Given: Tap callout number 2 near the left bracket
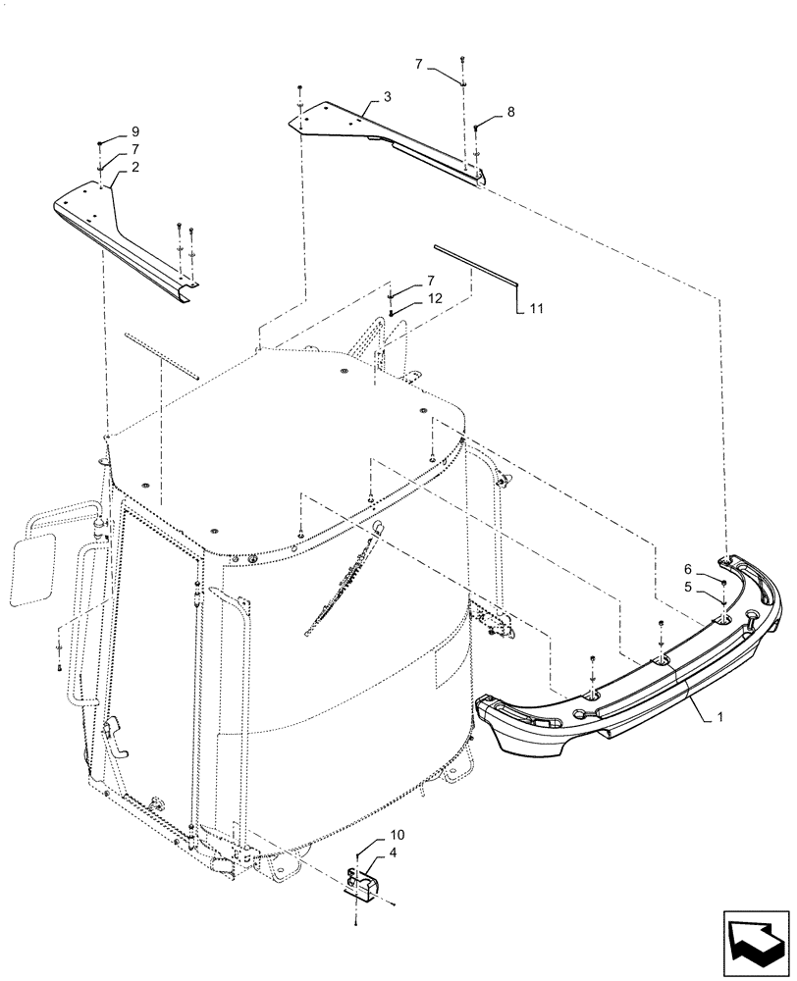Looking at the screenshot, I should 134,167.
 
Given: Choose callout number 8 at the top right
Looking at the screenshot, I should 509,114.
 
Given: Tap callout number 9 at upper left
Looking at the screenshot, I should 134,131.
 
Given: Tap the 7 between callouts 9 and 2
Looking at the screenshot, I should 134,149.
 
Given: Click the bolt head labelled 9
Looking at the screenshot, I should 101,145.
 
